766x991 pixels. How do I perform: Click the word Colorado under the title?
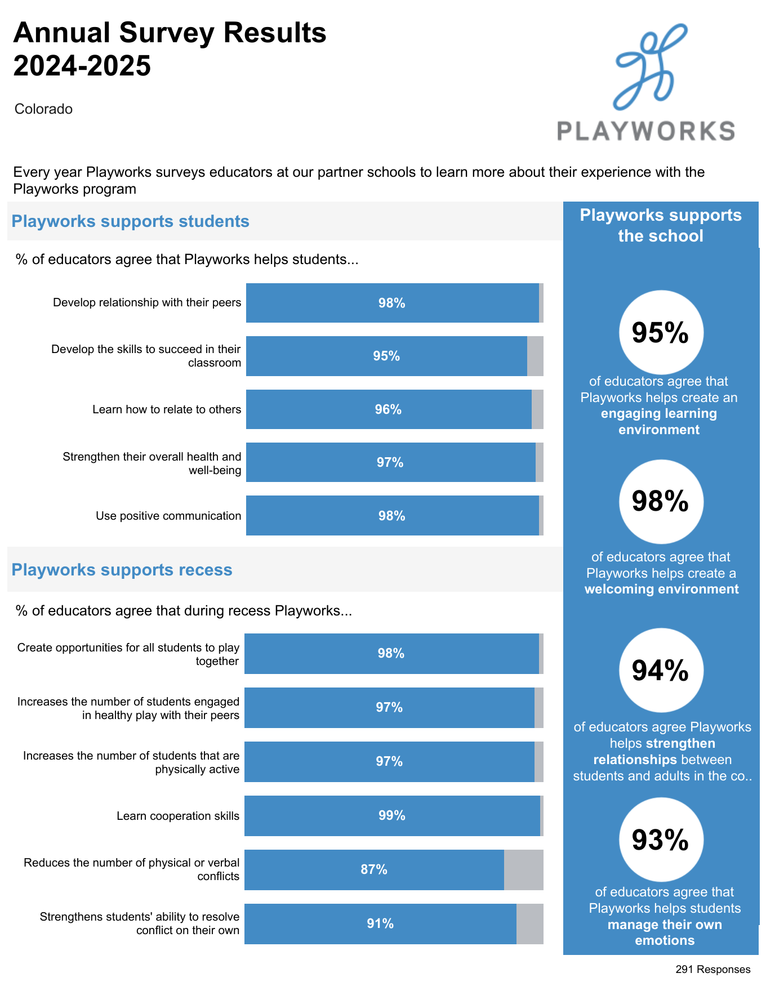coord(43,109)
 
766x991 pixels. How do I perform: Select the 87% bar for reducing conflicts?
coord(374,870)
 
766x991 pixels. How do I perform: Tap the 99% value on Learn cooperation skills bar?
coord(392,816)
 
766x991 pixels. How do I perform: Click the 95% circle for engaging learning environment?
coord(661,332)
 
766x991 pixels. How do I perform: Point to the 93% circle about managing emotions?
coord(661,840)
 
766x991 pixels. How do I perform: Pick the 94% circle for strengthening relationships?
coord(661,670)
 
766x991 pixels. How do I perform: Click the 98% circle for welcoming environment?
coord(661,501)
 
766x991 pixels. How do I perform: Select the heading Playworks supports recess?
coord(122,570)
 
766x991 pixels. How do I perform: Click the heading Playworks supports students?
coord(130,221)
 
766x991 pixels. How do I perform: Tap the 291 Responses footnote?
coord(712,970)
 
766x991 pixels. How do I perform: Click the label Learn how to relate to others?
coord(167,409)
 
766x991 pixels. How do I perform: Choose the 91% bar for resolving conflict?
coord(380,924)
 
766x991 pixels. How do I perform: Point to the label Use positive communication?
coord(168,516)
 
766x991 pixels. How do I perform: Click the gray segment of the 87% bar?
coord(523,870)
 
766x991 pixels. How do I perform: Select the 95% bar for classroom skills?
coord(386,356)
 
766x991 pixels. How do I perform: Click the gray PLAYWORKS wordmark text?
coord(645,131)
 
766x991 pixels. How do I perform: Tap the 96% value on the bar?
coord(388,410)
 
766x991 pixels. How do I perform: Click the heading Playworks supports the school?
coord(661,225)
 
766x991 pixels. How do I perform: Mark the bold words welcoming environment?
coord(661,590)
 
